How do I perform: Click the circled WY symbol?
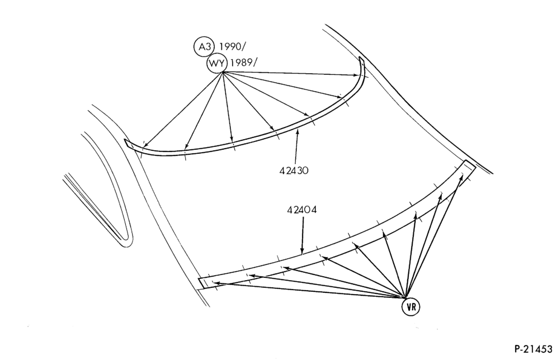point(216,64)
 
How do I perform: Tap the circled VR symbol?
point(410,307)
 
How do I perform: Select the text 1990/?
point(233,47)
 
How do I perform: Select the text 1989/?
point(243,63)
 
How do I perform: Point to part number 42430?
point(294,170)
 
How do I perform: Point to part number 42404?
point(302,210)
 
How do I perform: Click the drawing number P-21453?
point(533,348)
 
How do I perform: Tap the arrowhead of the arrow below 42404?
point(303,252)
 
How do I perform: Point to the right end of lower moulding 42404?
point(470,165)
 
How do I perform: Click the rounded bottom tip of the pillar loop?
point(126,244)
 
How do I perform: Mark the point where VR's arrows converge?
point(406,297)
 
